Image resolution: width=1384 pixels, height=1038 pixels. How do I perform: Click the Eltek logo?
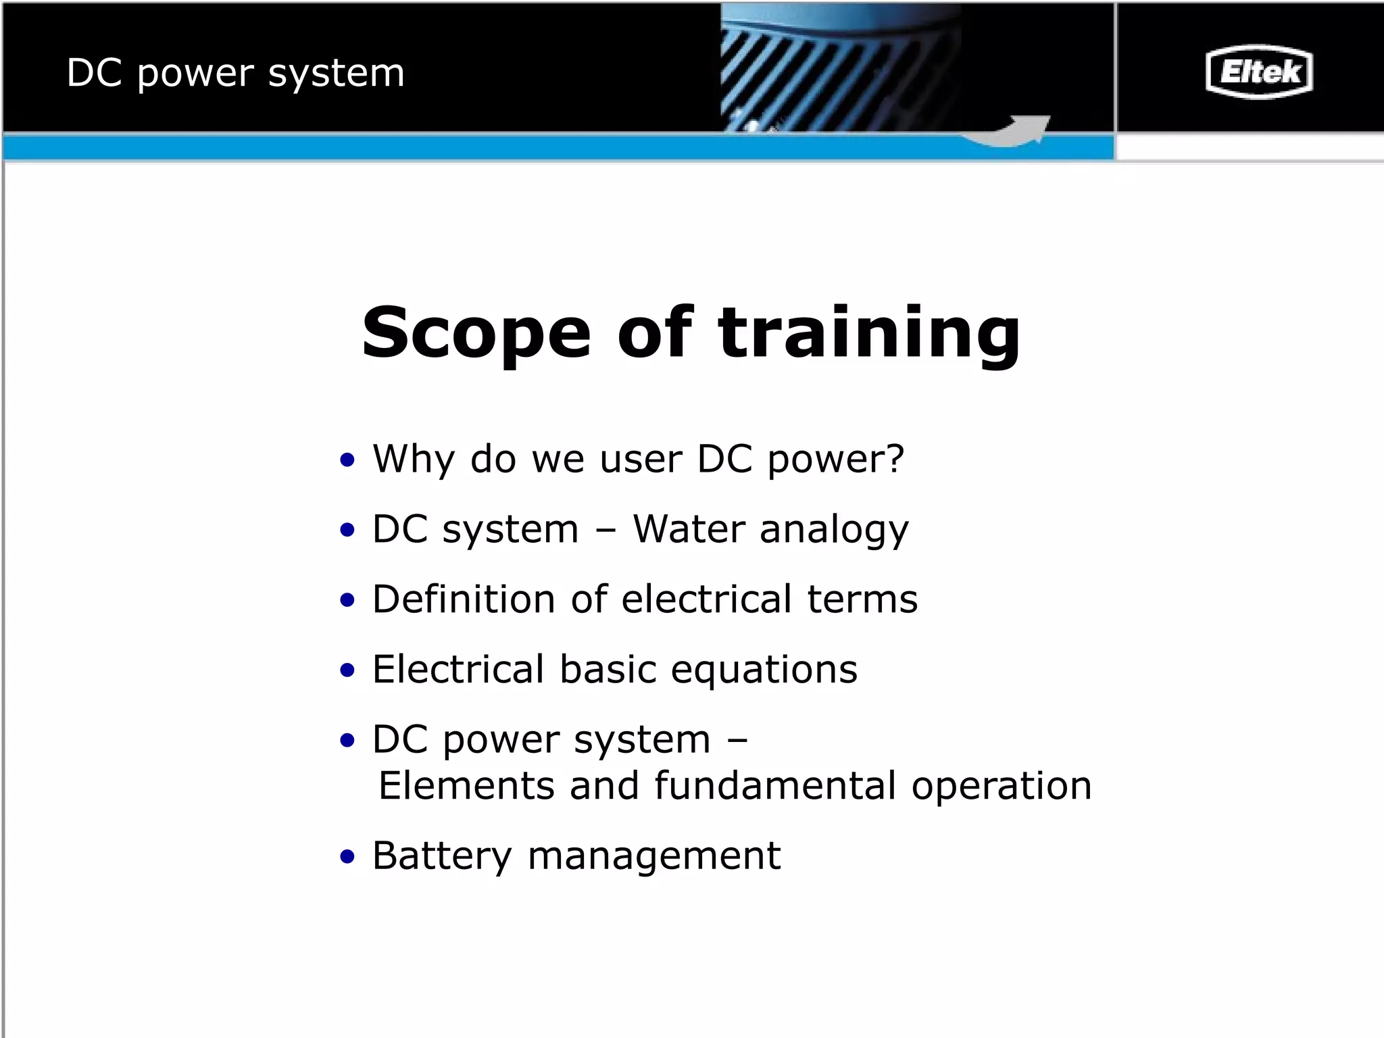1258,72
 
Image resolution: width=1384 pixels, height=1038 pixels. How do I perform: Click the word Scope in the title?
476,332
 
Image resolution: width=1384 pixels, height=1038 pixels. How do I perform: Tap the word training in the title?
869,334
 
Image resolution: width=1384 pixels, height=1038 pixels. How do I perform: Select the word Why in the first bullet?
414,459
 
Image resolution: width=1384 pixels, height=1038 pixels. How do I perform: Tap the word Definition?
464,599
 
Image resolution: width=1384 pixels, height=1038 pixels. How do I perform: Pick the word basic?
608,669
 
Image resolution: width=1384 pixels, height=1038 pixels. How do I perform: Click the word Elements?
466,785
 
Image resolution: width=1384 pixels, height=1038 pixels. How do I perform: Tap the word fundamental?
774,785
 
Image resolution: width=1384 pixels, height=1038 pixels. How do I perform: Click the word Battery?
442,857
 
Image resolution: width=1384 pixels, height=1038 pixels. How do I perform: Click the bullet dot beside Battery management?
347,858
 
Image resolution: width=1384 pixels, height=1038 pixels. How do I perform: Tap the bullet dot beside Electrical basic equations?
347,671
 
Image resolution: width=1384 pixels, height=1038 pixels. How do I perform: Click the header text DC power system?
235,73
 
